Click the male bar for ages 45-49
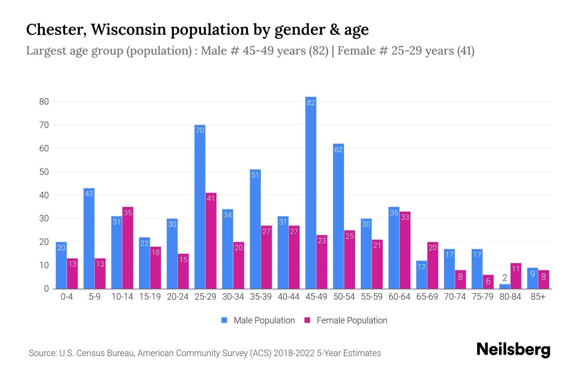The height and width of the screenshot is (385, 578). click(311, 193)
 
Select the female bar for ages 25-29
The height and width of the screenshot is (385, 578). click(211, 241)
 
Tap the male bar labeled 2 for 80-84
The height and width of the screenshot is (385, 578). click(505, 286)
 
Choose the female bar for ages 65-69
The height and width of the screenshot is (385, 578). click(433, 265)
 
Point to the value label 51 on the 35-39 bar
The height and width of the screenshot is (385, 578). click(255, 175)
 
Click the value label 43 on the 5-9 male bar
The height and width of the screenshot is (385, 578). click(89, 194)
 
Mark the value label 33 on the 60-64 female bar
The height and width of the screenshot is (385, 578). click(405, 217)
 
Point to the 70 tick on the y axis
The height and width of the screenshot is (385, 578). click(44, 125)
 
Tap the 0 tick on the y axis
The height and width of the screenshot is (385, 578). click(46, 289)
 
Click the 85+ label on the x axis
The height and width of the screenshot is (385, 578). click(538, 297)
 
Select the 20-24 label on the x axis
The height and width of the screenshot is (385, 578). click(178, 297)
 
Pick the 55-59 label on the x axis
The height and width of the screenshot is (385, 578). click(372, 297)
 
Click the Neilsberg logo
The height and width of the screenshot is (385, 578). click(513, 350)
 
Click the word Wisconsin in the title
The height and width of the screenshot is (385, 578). click(128, 30)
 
